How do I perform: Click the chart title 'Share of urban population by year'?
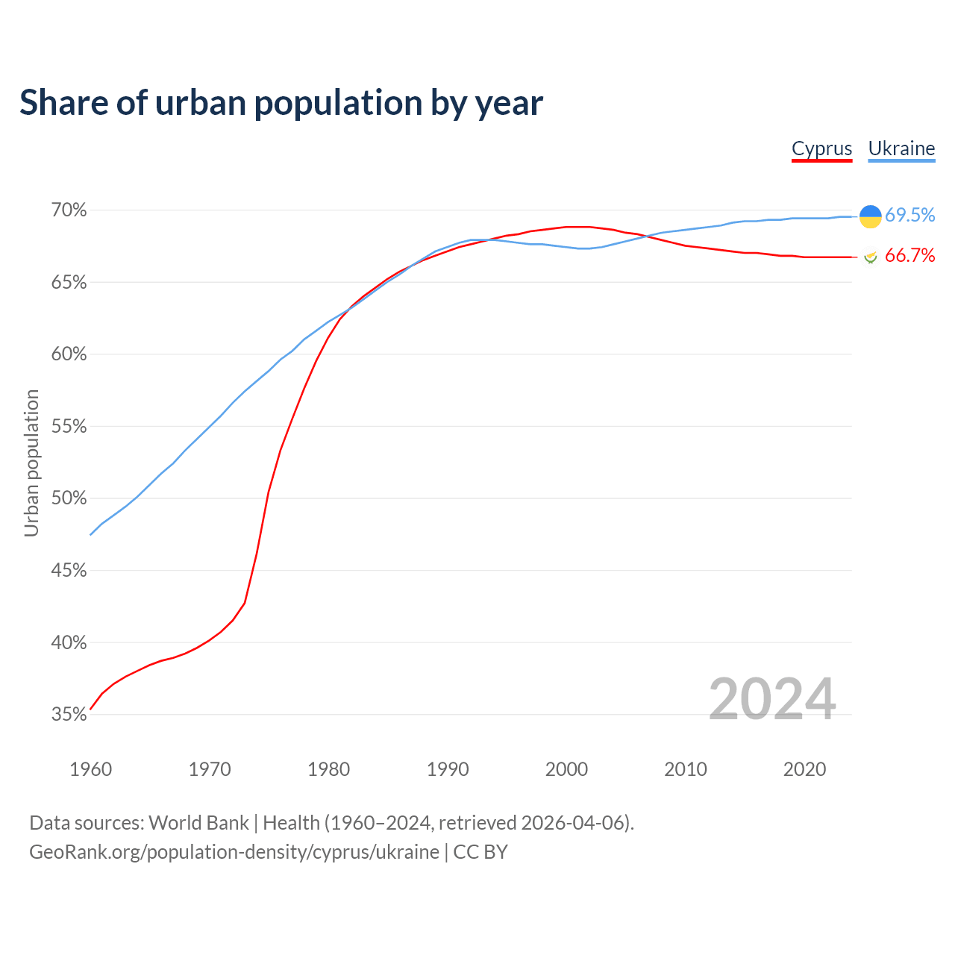click(x=281, y=103)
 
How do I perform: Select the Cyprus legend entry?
click(x=821, y=148)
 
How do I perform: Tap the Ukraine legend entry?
click(x=901, y=148)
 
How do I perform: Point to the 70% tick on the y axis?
click(x=69, y=210)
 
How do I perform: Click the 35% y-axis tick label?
click(x=69, y=715)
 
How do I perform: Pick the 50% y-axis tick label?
click(x=69, y=498)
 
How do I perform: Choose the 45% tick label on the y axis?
click(x=69, y=571)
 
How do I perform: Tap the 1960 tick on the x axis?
click(x=90, y=769)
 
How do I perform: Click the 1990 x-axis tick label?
click(x=448, y=769)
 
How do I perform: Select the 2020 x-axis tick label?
click(x=804, y=769)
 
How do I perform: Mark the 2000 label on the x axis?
click(x=566, y=769)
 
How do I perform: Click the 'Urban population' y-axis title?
click(x=31, y=463)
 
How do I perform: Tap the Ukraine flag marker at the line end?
click(x=870, y=216)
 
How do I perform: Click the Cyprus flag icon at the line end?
click(x=870, y=257)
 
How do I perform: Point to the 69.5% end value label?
click(x=909, y=216)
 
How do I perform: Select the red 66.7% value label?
click(x=909, y=256)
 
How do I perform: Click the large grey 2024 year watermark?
click(x=772, y=699)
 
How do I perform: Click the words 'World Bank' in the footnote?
click(x=198, y=823)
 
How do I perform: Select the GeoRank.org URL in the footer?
click(x=234, y=852)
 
